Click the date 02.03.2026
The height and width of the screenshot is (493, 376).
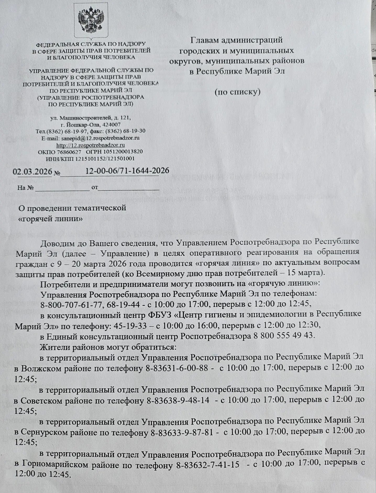[33, 171]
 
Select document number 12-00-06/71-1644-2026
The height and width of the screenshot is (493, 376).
[127, 171]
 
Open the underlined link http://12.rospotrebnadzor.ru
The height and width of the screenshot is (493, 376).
[91, 145]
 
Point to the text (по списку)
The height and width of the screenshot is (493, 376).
[237, 92]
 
